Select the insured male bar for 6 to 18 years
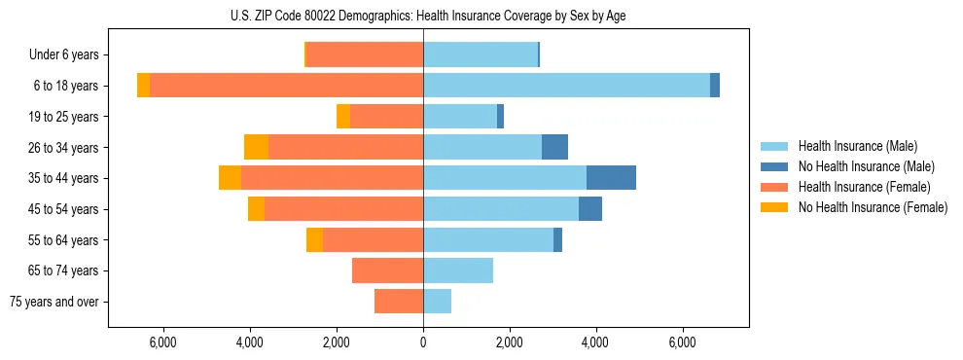click(x=566, y=86)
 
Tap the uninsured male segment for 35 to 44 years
click(x=611, y=178)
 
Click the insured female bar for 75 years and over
click(x=399, y=302)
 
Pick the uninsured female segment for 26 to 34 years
click(x=256, y=147)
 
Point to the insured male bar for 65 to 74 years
click(x=458, y=270)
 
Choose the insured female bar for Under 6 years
click(x=365, y=54)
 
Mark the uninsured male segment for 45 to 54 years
click(x=590, y=209)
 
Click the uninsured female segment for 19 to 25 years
click(x=343, y=117)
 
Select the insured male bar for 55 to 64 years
click(x=488, y=240)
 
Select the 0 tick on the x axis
click(x=423, y=342)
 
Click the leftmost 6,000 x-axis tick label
click(x=162, y=342)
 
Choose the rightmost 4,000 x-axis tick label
click(x=595, y=342)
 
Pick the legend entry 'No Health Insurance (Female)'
click(x=873, y=207)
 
